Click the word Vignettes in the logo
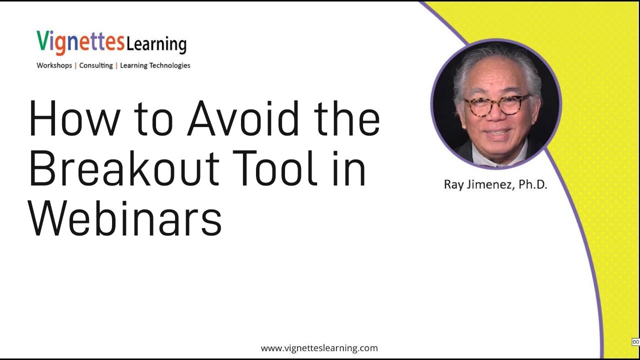click(x=80, y=42)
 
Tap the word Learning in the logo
click(x=156, y=44)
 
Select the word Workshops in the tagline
click(x=54, y=65)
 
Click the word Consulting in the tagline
click(x=96, y=65)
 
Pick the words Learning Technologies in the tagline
click(x=155, y=65)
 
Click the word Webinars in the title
click(x=125, y=218)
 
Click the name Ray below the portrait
click(x=453, y=184)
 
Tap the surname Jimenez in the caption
click(x=491, y=184)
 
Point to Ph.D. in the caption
click(x=532, y=184)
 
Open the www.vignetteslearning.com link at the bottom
click(x=319, y=348)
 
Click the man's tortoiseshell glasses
click(x=496, y=104)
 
